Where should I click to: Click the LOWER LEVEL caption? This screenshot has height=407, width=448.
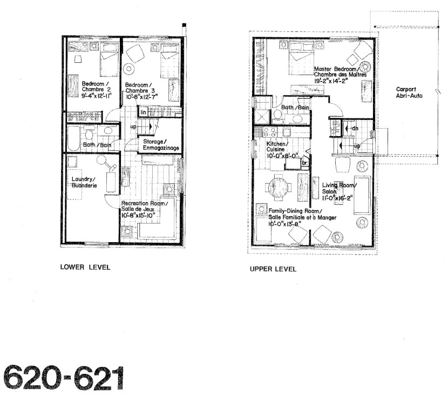pyautogui.click(x=82, y=266)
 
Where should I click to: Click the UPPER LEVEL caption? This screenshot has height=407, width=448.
pyautogui.click(x=273, y=269)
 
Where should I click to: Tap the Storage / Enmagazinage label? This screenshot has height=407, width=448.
pyautogui.click(x=161, y=145)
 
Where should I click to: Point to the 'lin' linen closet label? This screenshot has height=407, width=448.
pyautogui.click(x=143, y=112)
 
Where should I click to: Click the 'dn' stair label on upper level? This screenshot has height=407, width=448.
pyautogui.click(x=355, y=128)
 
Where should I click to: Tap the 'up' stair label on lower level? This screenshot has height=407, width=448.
pyautogui.click(x=133, y=127)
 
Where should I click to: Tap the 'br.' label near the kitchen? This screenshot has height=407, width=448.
pyautogui.click(x=304, y=163)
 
